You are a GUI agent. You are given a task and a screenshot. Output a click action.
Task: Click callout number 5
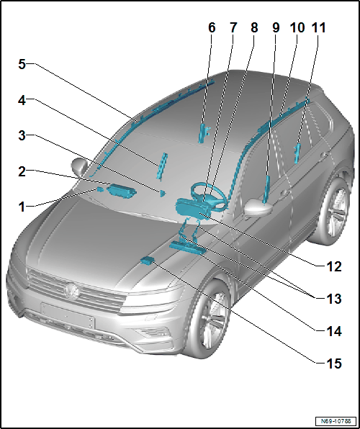coord(22,65)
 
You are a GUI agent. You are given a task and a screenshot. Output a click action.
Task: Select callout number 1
coord(22,207)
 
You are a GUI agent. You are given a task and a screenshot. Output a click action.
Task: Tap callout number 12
coord(334,266)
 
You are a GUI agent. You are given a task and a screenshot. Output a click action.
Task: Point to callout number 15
coord(334,363)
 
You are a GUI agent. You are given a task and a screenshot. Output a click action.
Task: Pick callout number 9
coord(276,28)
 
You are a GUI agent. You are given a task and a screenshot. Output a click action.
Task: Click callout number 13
coord(334,299)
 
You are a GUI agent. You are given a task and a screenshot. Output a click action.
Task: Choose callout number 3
coord(22,136)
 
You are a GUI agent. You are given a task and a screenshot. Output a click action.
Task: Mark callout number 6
coord(212,28)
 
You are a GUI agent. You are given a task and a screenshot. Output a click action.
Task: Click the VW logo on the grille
coord(72,291)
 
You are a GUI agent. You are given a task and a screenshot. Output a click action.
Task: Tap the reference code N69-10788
coord(336,420)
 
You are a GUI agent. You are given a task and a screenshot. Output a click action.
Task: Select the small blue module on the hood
coord(147,261)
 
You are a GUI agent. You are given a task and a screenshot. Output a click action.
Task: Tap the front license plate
coord(68,315)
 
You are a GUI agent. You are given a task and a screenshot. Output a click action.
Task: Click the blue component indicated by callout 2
coord(122,191)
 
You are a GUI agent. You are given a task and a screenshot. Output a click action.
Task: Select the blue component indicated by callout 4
coord(162,166)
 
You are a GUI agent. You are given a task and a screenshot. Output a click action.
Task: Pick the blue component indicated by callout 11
coord(297,154)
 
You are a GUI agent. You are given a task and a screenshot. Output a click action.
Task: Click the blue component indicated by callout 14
coord(187,248)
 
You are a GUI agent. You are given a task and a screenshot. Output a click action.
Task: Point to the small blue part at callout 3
coord(163,194)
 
